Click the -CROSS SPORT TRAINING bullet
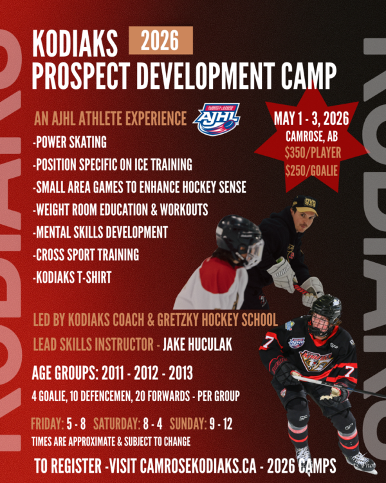coord(86,255)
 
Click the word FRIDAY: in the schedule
coord(47,425)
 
